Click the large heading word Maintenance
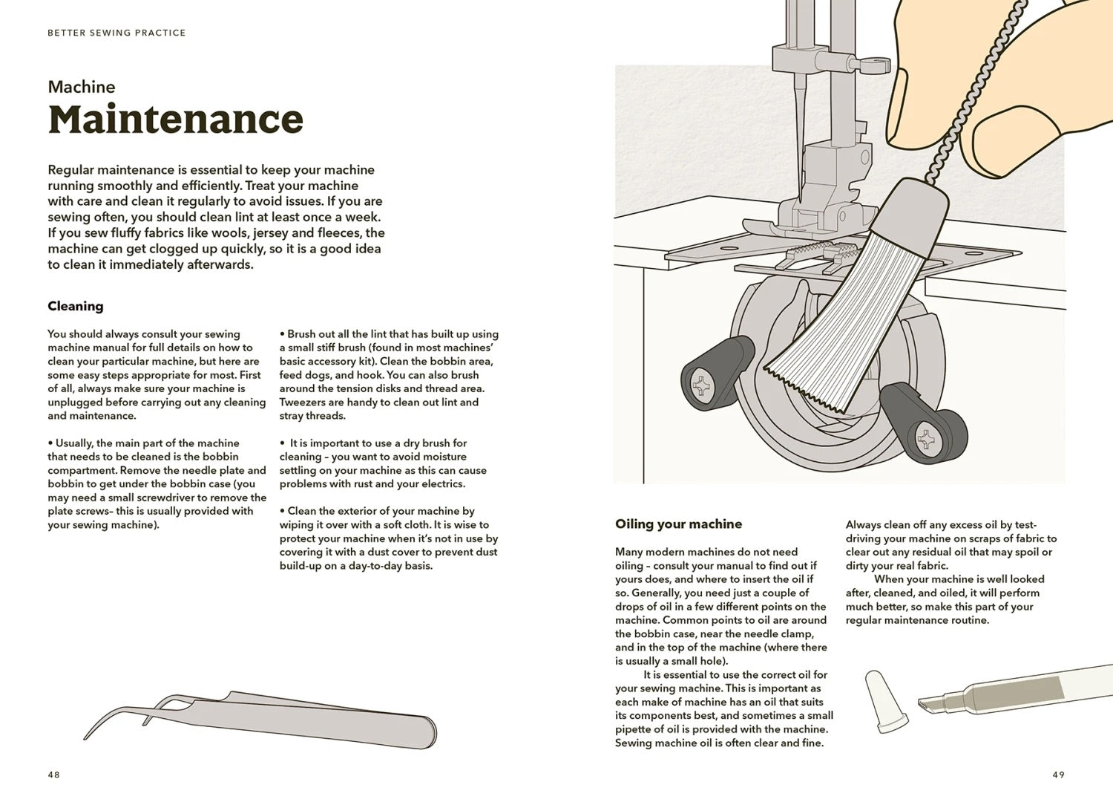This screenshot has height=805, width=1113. pos(176,120)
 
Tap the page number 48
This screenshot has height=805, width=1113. pos(53,775)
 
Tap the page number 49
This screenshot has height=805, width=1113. pos(1058,775)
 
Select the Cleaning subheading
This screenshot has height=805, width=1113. pos(76,306)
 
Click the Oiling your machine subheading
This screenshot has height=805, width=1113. pos(678,524)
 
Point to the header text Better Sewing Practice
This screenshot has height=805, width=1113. pos(116,33)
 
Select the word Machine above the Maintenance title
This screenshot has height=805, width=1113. pos(82,87)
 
